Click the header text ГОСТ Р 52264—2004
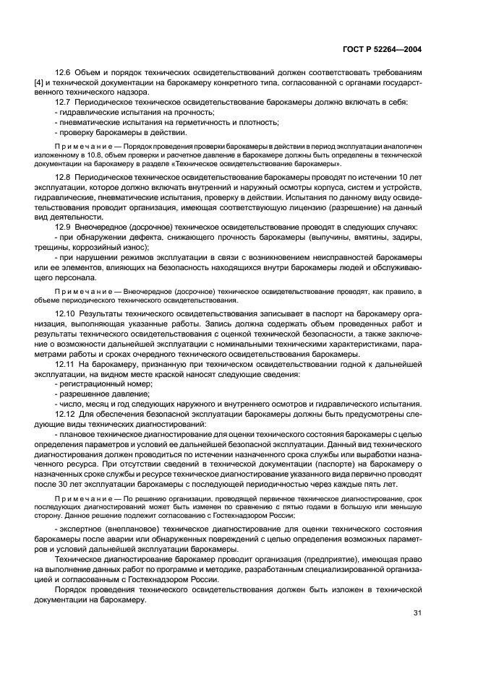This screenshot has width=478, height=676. pos(383,49)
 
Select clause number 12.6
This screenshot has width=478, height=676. pos(64,73)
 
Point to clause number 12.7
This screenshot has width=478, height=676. pos(64,102)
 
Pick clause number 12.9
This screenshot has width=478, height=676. pos(64,228)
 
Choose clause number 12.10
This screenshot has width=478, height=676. pos(66,316)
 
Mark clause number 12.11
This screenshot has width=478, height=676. pos(66,365)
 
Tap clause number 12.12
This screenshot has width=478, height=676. pos(66,414)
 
